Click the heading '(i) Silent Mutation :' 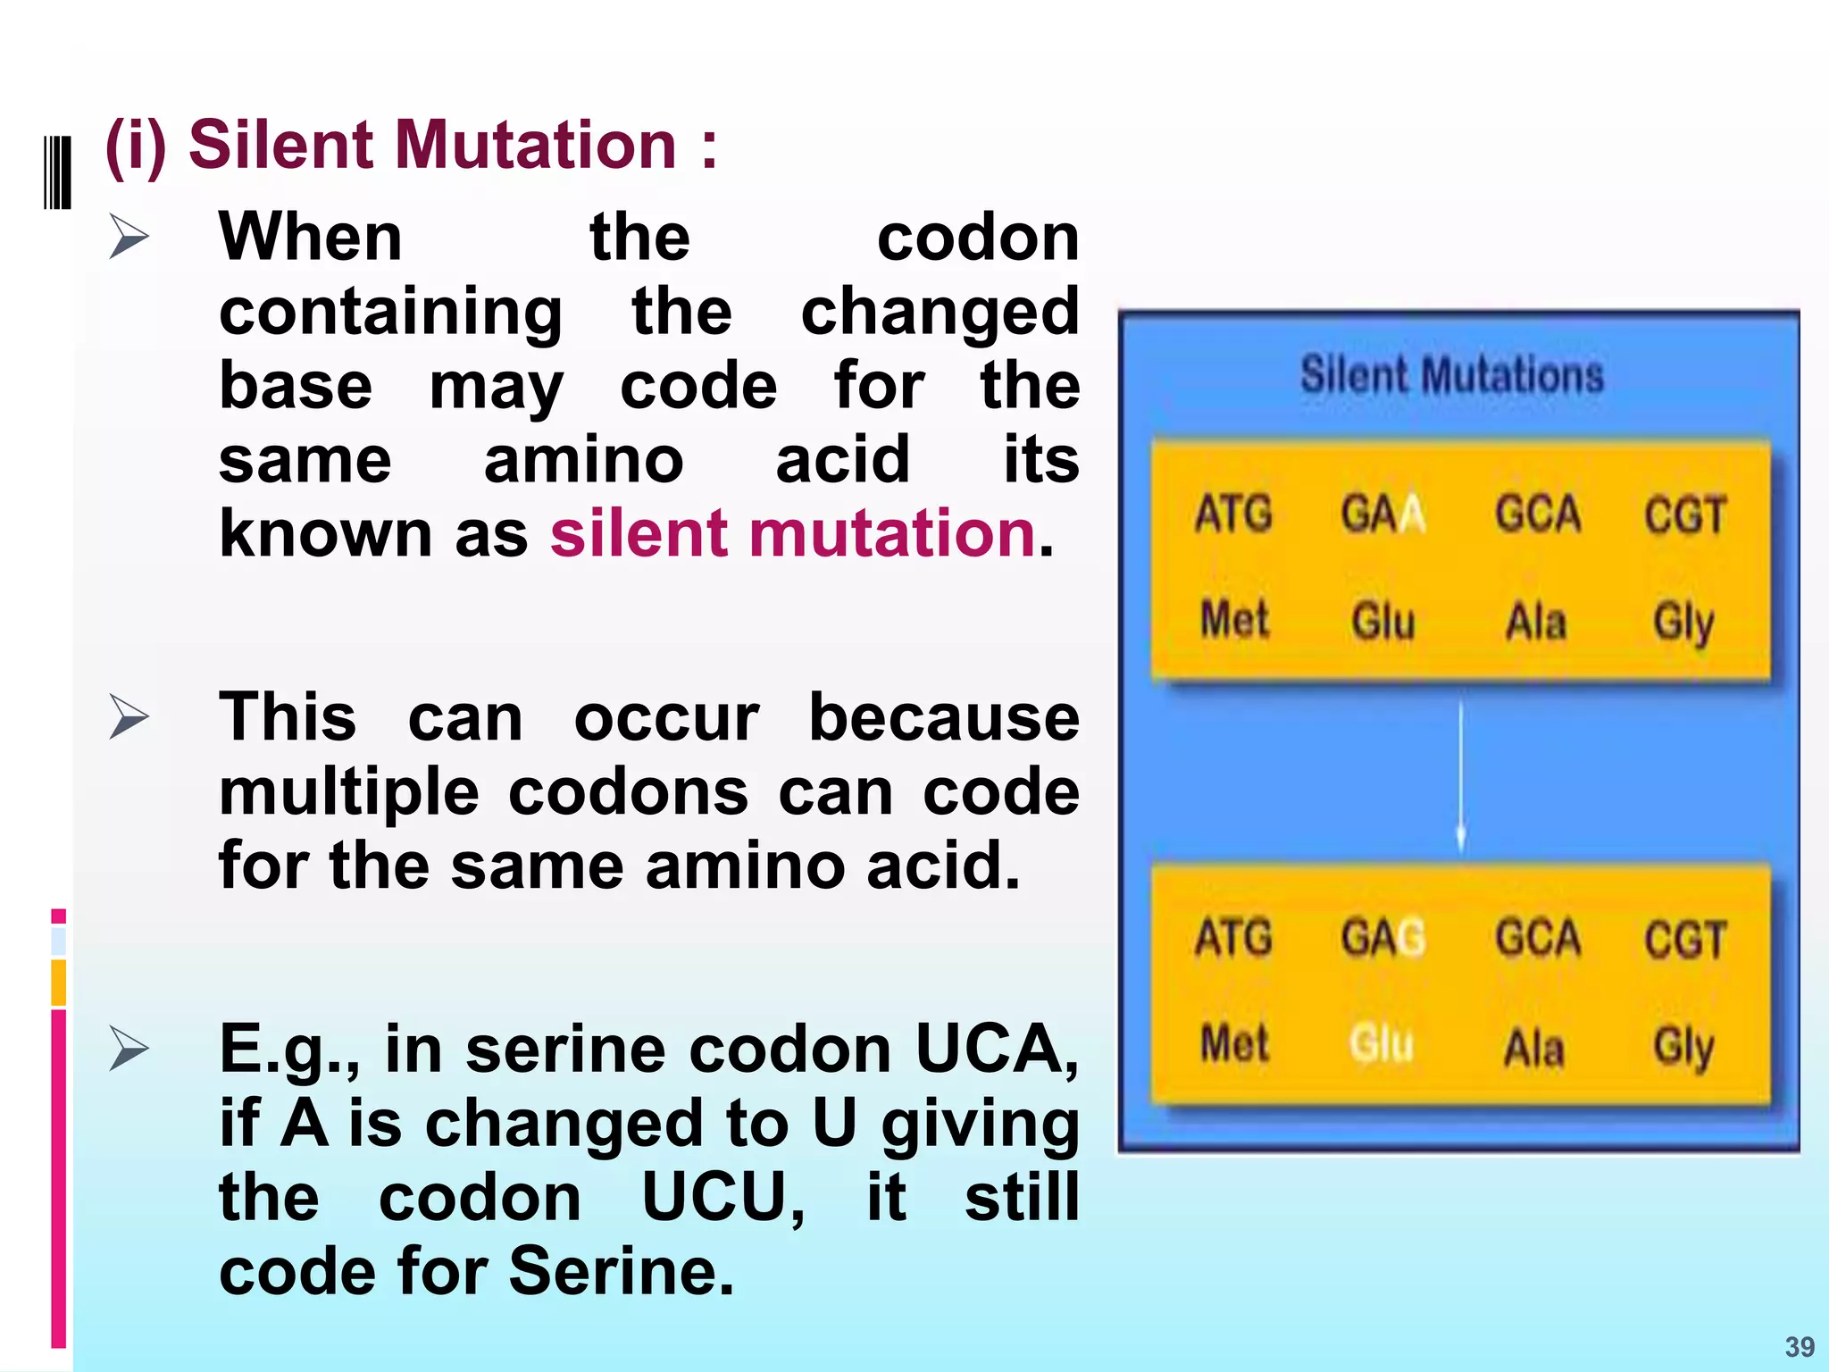(x=411, y=145)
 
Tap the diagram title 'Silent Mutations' (x=1451, y=375)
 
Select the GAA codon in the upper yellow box (x=1382, y=514)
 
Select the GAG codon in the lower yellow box (x=1382, y=939)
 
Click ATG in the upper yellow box (x=1233, y=514)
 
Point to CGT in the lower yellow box (x=1684, y=940)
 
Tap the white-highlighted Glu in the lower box (x=1382, y=1044)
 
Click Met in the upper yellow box (x=1234, y=620)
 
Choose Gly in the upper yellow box (x=1683, y=622)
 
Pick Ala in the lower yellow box (x=1534, y=1047)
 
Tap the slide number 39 (x=1800, y=1347)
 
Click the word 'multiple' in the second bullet (x=349, y=793)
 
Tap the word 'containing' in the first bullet (x=390, y=313)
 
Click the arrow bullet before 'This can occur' (x=129, y=717)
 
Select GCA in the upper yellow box (x=1538, y=514)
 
